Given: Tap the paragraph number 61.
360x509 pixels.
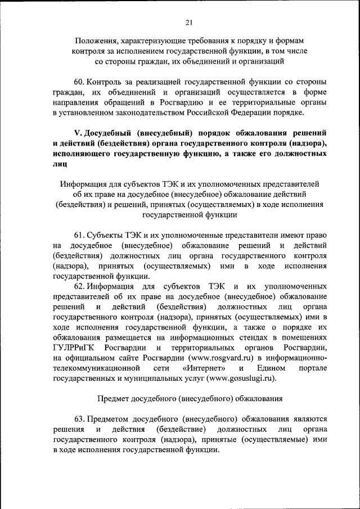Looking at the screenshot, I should click(80, 235).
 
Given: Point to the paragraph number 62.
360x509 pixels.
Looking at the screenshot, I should click(80, 286).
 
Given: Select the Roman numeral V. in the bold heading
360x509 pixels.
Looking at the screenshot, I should click(78, 133).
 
